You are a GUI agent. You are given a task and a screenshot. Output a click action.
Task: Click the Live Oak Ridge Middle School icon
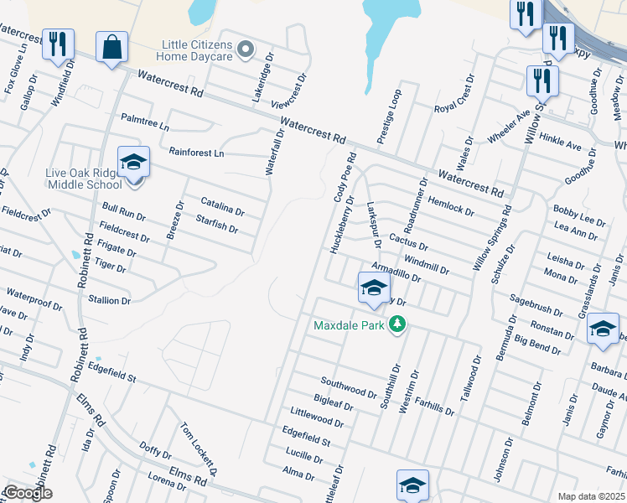(x=133, y=162)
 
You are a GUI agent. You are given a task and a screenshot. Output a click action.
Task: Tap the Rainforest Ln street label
(x=196, y=153)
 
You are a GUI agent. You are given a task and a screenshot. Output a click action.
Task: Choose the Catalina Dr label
(x=222, y=206)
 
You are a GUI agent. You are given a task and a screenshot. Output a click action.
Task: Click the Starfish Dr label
(x=216, y=225)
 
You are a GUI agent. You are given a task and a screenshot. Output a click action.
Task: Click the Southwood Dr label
(x=349, y=386)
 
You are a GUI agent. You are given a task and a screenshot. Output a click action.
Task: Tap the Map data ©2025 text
(x=591, y=496)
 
